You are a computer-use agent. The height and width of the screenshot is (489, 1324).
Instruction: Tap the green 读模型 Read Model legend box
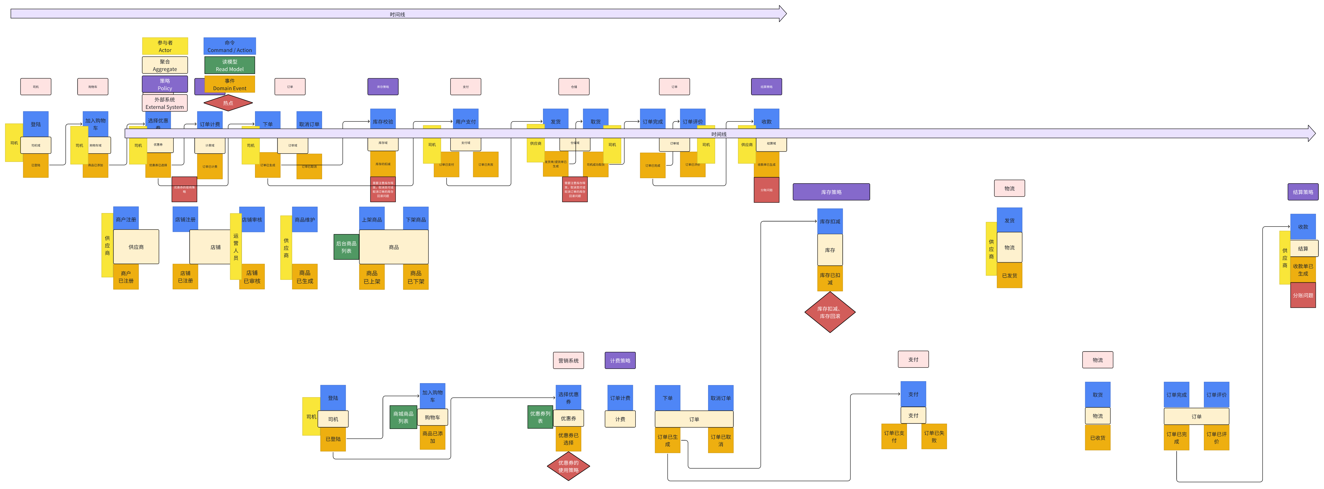tap(230, 65)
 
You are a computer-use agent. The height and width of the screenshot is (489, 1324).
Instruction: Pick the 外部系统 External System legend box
tap(165, 103)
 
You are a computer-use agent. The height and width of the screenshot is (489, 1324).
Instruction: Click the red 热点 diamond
tap(228, 103)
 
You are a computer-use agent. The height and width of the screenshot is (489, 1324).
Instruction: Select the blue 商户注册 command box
tap(126, 219)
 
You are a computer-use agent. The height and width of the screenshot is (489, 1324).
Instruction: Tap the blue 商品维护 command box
tap(305, 219)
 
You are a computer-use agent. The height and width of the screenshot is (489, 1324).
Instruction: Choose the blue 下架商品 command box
tap(416, 219)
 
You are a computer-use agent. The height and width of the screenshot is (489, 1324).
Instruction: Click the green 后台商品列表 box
tap(346, 247)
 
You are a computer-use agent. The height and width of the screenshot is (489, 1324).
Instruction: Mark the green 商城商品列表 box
tap(403, 417)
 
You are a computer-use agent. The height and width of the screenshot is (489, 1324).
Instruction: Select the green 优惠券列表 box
tap(540, 417)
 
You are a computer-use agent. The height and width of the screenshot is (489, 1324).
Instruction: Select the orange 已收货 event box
tap(1097, 438)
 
